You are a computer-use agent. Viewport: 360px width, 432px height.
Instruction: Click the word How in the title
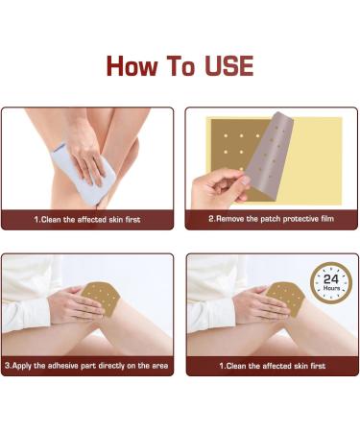132,66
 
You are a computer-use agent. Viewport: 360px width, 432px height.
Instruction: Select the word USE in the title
229,66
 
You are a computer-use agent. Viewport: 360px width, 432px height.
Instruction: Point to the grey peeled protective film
271,154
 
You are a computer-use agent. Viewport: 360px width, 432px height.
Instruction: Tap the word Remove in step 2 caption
230,219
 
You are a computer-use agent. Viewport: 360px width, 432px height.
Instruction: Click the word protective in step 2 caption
300,219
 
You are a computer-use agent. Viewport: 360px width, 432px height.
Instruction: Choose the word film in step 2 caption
326,219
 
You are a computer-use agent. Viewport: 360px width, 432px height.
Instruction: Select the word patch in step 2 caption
271,219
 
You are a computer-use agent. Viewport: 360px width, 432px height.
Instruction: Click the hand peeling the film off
219,189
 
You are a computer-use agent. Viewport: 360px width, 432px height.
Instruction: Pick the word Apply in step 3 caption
22,366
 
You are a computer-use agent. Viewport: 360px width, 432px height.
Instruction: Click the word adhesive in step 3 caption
62,366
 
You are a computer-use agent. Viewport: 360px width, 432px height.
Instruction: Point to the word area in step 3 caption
159,366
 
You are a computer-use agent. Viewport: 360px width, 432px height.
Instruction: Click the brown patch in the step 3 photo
101,299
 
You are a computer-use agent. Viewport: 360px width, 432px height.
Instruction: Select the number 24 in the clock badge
331,279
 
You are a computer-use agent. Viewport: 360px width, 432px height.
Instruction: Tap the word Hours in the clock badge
331,288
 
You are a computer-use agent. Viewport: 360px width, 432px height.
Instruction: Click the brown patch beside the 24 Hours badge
286,299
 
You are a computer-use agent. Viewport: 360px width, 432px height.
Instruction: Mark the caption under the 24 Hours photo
273,366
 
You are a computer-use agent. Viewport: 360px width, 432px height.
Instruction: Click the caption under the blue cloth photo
87,220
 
